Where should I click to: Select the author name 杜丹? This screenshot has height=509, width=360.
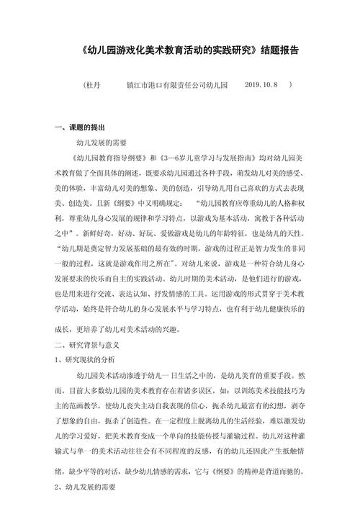tap(95, 85)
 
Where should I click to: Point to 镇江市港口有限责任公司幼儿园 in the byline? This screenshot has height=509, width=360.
tap(176, 85)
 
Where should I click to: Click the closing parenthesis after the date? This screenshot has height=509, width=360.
tap(289, 85)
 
